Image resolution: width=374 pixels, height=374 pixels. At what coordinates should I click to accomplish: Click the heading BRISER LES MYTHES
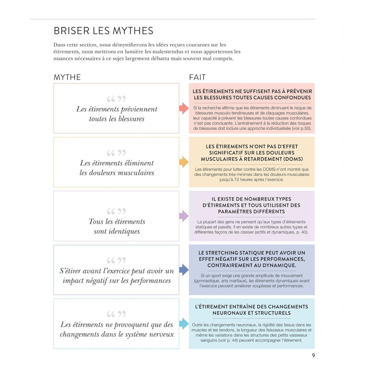tap(103, 31)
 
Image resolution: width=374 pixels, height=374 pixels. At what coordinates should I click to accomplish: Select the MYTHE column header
tap(67, 77)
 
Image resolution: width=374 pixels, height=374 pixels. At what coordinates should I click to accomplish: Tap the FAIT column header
tap(197, 77)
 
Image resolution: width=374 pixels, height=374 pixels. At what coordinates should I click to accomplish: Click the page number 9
tap(313, 355)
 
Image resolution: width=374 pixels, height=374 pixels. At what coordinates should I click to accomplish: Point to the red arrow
tap(184, 108)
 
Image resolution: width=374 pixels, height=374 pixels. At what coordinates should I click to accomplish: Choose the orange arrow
tap(184, 162)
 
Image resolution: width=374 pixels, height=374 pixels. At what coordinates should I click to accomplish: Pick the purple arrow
tap(184, 216)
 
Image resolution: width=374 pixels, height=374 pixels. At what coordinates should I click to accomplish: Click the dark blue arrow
tap(184, 270)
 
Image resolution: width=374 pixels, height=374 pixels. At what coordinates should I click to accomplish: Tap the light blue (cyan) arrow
tap(184, 324)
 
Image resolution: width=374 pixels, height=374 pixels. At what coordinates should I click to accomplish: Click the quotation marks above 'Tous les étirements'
tap(116, 211)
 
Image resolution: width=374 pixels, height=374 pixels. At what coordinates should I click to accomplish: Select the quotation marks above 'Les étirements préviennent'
tap(116, 99)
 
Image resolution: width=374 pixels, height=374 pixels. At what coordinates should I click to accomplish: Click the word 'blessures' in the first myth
tap(131, 119)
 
